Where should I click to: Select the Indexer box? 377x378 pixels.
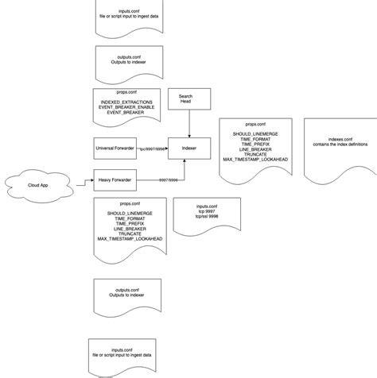pyautogui.click(x=189, y=148)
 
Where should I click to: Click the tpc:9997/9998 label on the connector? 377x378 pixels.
pyautogui.click(x=153, y=148)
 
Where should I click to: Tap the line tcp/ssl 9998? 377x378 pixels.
pyautogui.click(x=197, y=218)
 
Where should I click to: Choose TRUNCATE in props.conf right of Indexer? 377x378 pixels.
pyautogui.click(x=256, y=154)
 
